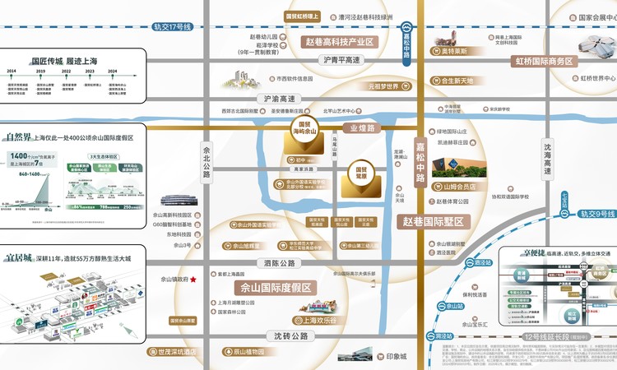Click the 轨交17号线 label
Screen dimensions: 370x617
pyautogui.click(x=172, y=26)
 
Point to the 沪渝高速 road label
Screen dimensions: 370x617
pyautogui.click(x=279, y=99)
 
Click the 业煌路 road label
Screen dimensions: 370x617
pyautogui.click(x=363, y=128)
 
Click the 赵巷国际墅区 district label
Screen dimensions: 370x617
pyautogui.click(x=434, y=221)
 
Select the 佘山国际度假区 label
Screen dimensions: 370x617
pyautogui.click(x=275, y=287)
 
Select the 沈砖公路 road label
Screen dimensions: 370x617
pyautogui.click(x=287, y=336)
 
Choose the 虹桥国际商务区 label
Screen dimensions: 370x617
pyautogui.click(x=545, y=61)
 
